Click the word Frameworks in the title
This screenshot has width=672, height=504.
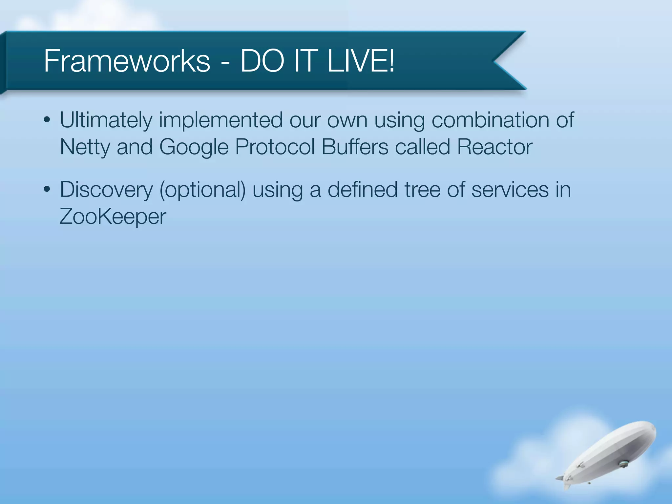127,61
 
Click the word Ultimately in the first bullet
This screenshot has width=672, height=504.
106,120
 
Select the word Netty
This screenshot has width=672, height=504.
85,147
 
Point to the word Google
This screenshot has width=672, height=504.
194,147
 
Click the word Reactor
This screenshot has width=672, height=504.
494,147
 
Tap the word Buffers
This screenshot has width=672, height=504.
355,147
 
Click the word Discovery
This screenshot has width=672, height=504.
106,190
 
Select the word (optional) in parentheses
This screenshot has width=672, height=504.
202,190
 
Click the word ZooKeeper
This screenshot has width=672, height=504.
113,217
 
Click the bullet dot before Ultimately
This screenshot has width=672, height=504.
47,120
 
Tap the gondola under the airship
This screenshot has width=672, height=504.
622,464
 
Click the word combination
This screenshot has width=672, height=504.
490,120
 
